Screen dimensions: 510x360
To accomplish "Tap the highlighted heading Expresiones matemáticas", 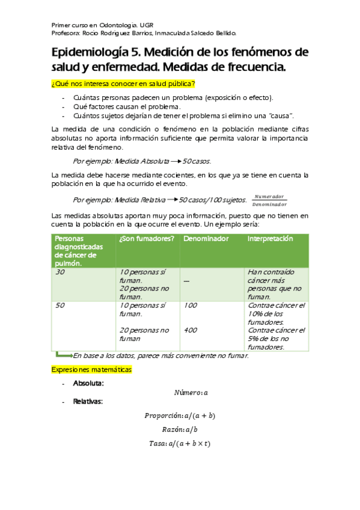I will pyautogui.click(x=91, y=369).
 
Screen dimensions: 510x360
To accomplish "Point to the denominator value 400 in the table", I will pyautogui.click(x=191, y=330).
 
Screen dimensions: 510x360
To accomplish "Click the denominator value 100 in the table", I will pyautogui.click(x=191, y=306).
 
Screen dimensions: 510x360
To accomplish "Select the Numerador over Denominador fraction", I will pyautogui.click(x=269, y=200).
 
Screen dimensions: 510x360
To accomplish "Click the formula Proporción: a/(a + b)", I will pyautogui.click(x=180, y=416).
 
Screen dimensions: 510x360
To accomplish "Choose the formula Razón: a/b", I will pyautogui.click(x=180, y=429).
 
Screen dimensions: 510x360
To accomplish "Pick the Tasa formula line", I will pyautogui.click(x=180, y=443).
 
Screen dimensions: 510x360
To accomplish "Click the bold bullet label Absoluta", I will pyautogui.click(x=88, y=383).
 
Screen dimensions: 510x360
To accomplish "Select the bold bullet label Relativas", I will pyautogui.click(x=88, y=401).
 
